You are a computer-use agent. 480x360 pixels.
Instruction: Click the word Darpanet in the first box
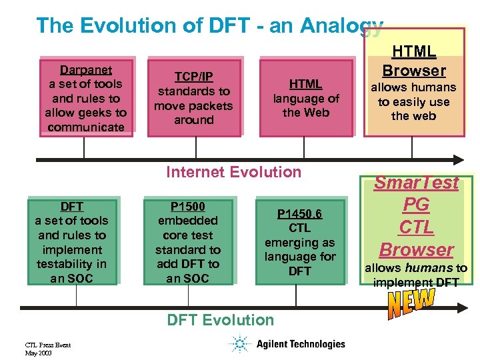point(86,70)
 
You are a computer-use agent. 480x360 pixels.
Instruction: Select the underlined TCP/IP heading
point(193,77)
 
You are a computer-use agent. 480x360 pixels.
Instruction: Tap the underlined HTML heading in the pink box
point(305,84)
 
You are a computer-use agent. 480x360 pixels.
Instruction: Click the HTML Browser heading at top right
point(413,61)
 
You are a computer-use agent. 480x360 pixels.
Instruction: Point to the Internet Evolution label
point(233,172)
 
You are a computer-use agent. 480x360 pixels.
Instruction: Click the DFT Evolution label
point(220,320)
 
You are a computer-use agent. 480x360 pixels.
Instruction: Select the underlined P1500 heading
point(187,206)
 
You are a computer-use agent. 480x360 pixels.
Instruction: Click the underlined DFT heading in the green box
point(71,207)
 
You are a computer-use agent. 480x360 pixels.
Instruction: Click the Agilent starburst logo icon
point(239,344)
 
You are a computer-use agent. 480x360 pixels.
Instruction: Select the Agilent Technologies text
point(301,344)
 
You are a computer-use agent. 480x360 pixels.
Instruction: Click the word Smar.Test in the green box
point(416,183)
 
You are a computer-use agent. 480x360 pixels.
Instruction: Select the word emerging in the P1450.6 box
point(299,243)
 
